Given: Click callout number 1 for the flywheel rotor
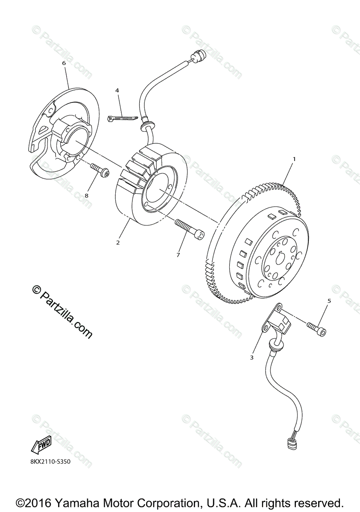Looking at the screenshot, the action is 294,159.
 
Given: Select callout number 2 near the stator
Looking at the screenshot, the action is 118,242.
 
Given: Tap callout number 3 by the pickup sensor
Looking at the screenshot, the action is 252,357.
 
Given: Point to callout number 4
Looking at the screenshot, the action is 117,90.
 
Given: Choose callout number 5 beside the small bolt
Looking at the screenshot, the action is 329,301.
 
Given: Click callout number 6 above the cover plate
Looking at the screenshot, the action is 64,63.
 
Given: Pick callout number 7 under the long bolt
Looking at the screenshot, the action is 178,255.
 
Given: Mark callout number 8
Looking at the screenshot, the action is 86,195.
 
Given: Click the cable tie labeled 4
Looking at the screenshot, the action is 122,118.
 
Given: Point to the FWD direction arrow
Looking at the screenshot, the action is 41,445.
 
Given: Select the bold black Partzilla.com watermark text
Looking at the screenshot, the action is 62,312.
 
